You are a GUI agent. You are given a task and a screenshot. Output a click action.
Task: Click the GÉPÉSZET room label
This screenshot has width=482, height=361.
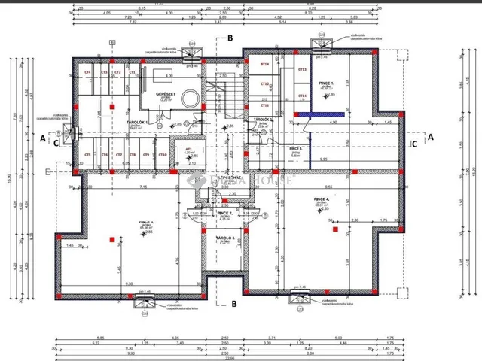(166, 95)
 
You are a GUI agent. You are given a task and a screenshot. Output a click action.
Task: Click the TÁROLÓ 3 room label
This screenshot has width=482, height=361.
(226, 238)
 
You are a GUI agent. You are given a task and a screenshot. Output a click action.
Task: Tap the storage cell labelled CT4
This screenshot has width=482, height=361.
(87, 72)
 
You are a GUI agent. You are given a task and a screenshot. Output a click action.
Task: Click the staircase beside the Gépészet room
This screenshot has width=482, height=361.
(226, 94)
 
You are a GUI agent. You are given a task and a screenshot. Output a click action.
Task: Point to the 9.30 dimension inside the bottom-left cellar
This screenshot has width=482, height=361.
(132, 284)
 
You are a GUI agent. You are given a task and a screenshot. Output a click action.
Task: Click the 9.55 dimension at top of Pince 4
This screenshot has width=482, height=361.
(329, 185)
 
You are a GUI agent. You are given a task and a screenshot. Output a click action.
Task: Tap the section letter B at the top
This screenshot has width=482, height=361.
(231, 37)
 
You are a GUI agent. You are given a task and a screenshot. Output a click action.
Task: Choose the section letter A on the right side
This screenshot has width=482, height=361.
(431, 138)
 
